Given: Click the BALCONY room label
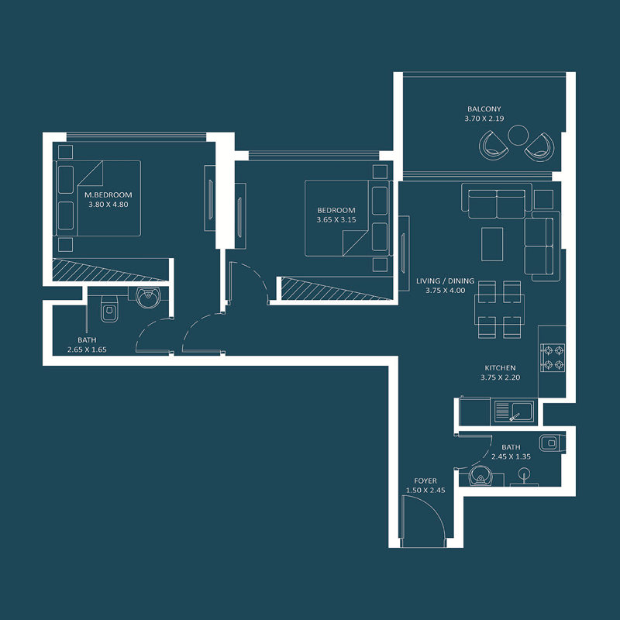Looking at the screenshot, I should [x=484, y=109].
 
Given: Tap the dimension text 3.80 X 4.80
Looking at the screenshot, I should [x=108, y=205].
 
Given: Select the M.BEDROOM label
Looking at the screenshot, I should [x=108, y=195].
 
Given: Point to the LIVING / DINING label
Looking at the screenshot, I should [x=445, y=281].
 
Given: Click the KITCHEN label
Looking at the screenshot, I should [x=500, y=368].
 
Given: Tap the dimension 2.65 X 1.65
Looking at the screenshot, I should [x=87, y=350].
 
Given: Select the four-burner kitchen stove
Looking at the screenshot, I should [x=553, y=356].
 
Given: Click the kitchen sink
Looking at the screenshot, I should [x=511, y=411].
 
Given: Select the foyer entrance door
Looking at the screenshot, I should [x=422, y=521].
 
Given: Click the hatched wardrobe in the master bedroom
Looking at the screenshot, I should [x=108, y=270].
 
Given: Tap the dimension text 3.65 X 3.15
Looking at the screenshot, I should [x=336, y=220].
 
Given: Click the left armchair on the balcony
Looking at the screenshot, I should [x=492, y=145].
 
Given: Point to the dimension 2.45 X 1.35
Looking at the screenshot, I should [x=511, y=457].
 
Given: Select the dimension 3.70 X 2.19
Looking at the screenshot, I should [x=484, y=119].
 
